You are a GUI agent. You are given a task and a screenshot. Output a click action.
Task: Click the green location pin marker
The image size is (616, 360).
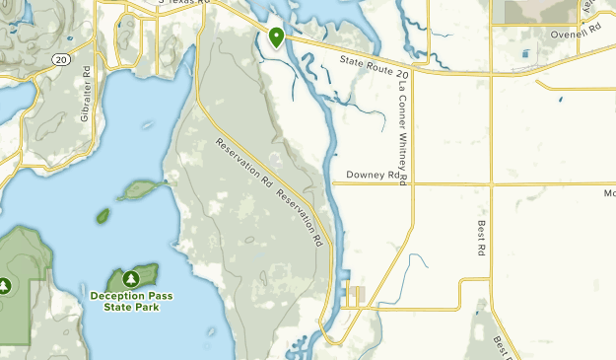[x=277, y=37]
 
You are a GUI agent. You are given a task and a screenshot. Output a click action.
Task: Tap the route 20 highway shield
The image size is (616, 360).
[x=61, y=60]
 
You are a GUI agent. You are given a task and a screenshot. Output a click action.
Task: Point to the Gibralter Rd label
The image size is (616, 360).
[x=87, y=94]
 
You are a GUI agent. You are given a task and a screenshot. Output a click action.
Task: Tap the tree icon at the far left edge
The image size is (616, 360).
[x=5, y=286]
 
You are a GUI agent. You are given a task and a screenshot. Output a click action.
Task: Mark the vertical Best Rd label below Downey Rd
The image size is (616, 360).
[x=482, y=240]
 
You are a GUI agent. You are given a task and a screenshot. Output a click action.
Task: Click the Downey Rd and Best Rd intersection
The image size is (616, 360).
[x=491, y=183]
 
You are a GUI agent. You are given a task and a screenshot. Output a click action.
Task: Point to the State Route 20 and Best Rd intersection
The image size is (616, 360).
[x=491, y=74]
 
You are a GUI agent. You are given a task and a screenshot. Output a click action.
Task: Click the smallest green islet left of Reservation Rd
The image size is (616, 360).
[x=103, y=215]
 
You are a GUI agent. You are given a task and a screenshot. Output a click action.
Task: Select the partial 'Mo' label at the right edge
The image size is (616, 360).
[x=607, y=193]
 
